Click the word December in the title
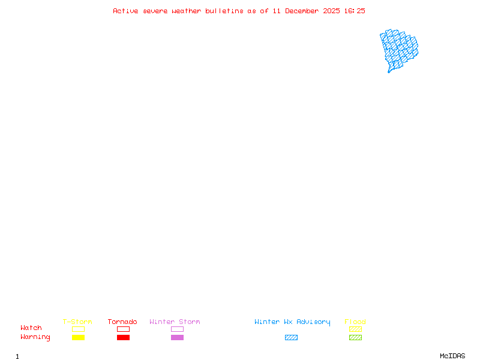tap(302, 11)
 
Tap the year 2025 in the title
tap(332, 11)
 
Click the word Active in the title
tap(125, 11)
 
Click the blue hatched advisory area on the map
tap(398, 49)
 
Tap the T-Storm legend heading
tap(77, 322)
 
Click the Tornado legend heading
tap(122, 322)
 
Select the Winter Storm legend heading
tap(175, 322)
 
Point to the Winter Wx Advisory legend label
tap(292, 322)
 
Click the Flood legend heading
tap(355, 322)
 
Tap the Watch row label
tap(31, 328)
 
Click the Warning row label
tap(35, 337)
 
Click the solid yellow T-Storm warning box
tap(79, 337)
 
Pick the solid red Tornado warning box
tap(124, 337)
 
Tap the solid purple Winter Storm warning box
tap(177, 337)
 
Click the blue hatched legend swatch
tap(291, 337)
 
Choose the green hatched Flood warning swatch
tap(355, 337)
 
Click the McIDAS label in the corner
tap(452, 356)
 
